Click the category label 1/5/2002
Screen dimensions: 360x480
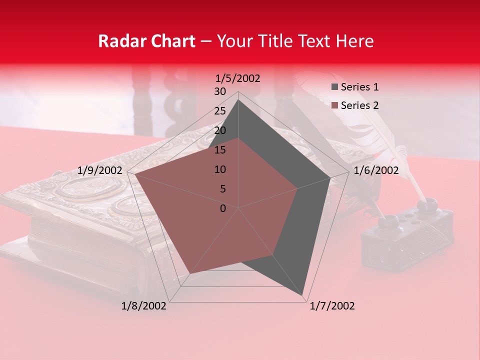[x=237, y=78]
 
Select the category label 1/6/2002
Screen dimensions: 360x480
[x=376, y=170]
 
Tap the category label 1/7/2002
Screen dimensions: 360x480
[x=332, y=306]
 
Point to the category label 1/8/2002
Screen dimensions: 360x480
[x=144, y=306]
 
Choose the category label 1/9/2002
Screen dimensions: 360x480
[x=100, y=170]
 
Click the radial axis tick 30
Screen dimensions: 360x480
[x=219, y=91]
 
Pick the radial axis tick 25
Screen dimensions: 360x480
[x=219, y=111]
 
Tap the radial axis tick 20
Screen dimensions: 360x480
[x=219, y=130]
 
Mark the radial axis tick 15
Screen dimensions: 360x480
[x=219, y=150]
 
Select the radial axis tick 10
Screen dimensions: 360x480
[x=219, y=169]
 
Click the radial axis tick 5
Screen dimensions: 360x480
[x=222, y=189]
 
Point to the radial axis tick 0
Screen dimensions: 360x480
[x=222, y=208]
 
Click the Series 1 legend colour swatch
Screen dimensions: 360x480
[x=334, y=87]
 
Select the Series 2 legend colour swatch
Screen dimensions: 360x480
[x=334, y=105]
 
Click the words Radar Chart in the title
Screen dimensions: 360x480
[x=146, y=41]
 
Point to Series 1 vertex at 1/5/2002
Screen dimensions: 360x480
[x=238, y=99]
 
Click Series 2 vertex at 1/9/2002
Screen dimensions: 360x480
[x=135, y=174]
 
